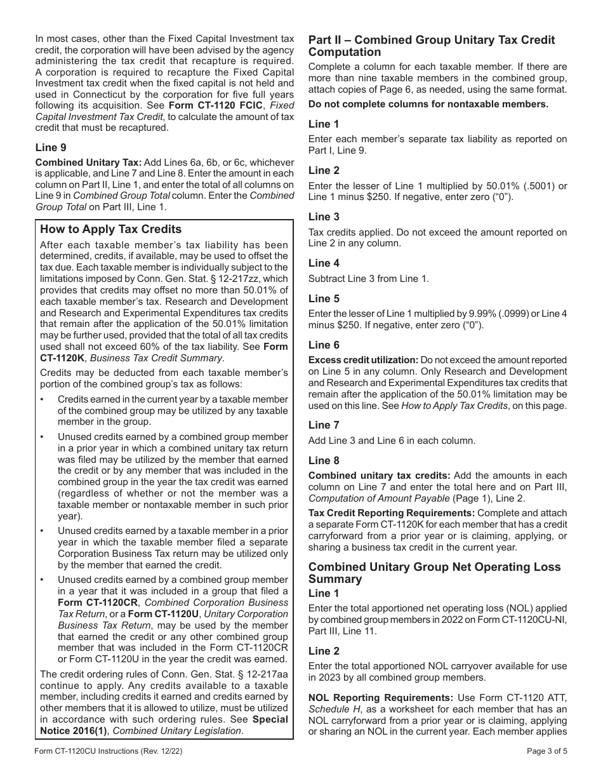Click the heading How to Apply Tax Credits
[111, 229]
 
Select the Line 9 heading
[51, 147]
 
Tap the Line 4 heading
[324, 263]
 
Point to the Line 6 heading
[324, 345]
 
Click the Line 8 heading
[324, 460]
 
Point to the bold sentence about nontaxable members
[428, 104]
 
